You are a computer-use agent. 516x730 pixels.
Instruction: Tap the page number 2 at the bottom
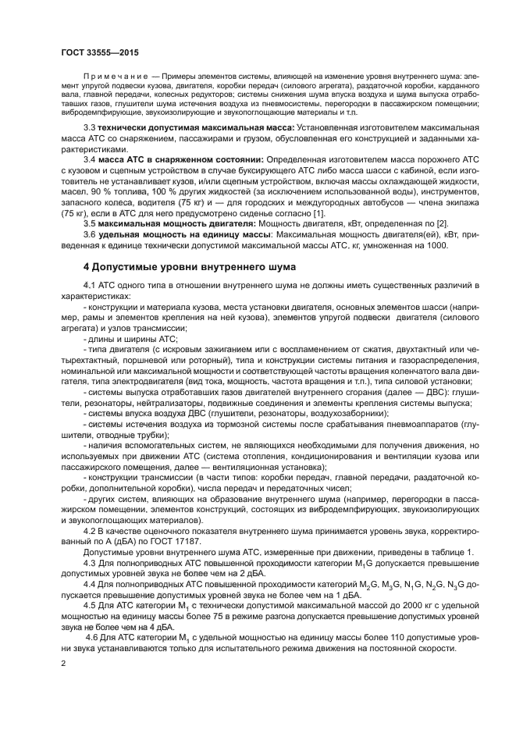pyautogui.click(x=62, y=663)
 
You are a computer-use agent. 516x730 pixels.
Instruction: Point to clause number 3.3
pyautogui.click(x=89, y=127)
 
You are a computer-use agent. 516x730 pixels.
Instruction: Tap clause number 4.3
pyautogui.click(x=89, y=562)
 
